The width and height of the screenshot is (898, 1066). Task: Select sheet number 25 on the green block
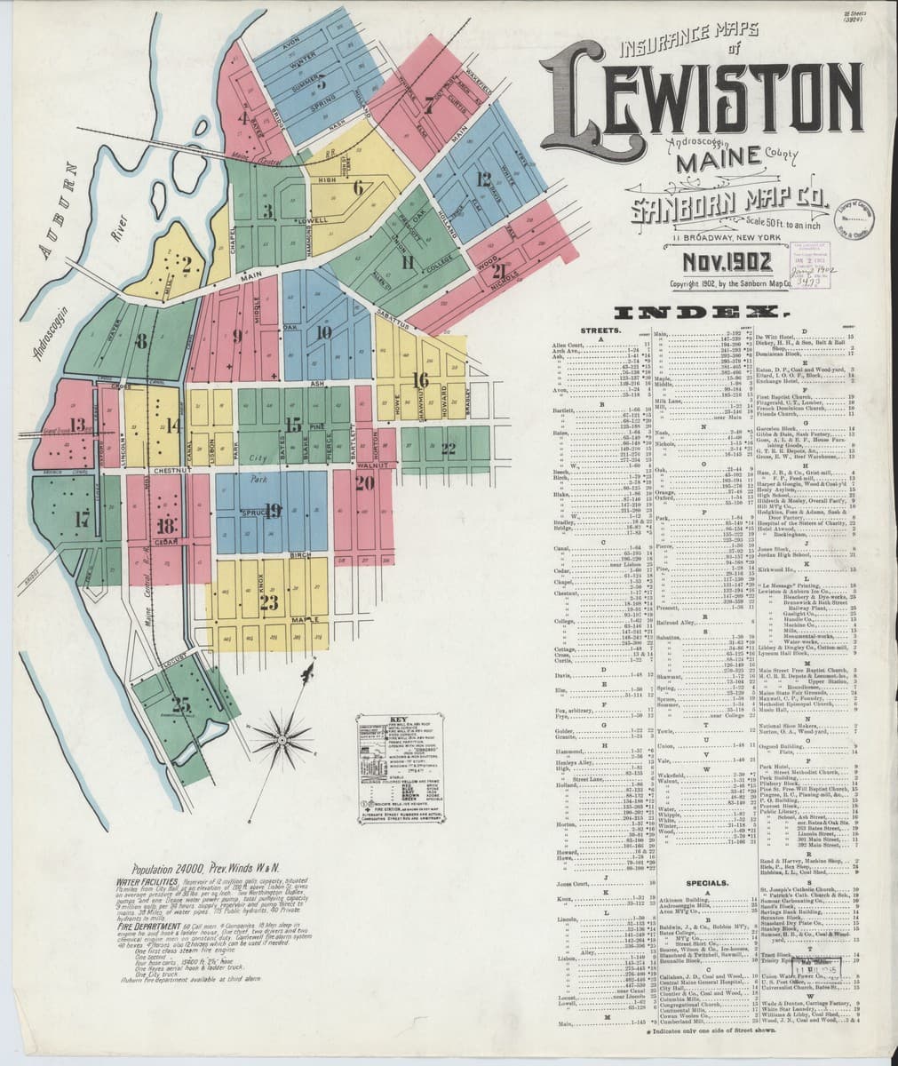(182, 705)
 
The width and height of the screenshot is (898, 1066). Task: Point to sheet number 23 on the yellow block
(268, 600)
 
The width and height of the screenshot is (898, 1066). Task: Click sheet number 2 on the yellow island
(187, 263)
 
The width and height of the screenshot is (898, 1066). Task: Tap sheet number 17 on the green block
(82, 521)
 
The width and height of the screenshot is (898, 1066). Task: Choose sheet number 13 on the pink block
(77, 425)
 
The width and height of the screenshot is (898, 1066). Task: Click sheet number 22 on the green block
(448, 447)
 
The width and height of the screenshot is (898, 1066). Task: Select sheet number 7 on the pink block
(428, 107)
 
